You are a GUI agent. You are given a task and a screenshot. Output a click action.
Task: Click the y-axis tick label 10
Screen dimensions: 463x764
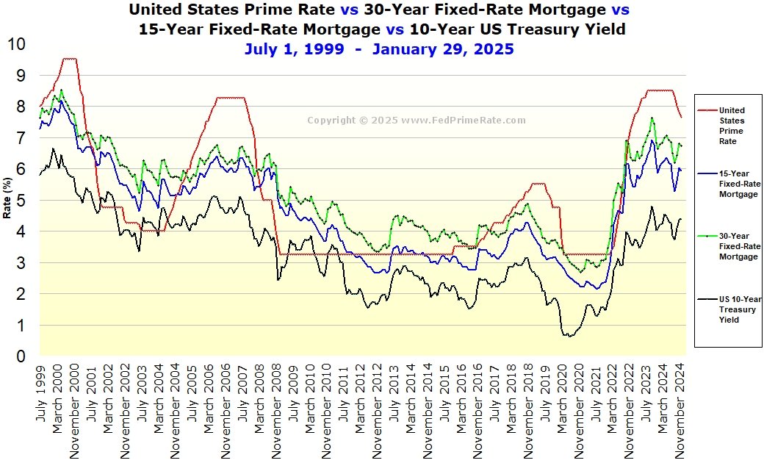click(15, 44)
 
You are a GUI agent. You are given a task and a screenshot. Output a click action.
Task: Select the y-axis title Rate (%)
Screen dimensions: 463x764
click(7, 201)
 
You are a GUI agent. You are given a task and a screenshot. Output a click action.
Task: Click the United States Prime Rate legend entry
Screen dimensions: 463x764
click(731, 126)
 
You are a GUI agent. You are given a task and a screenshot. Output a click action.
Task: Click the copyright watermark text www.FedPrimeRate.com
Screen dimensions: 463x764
click(464, 121)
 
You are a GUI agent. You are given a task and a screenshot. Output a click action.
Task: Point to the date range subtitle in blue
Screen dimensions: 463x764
click(379, 49)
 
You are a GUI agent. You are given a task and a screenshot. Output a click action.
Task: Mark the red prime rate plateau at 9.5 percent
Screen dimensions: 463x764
click(69, 59)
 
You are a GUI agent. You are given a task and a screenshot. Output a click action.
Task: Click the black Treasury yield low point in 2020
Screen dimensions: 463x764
click(566, 335)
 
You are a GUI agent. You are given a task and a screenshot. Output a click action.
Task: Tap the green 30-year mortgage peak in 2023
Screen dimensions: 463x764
click(651, 118)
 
